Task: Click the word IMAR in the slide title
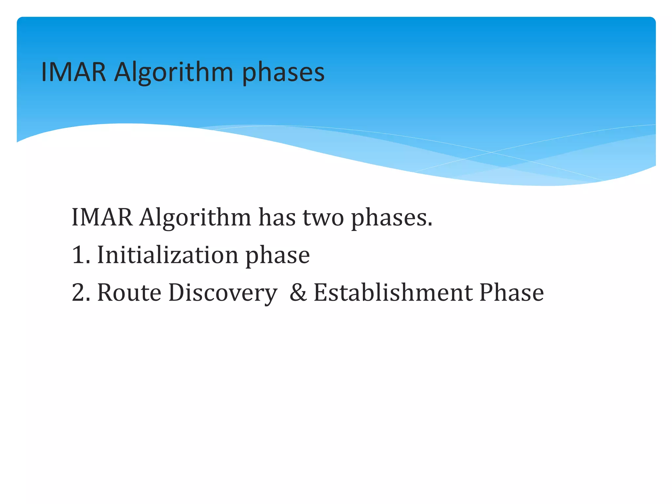pyautogui.click(x=73, y=72)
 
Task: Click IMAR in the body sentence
pyautogui.click(x=102, y=217)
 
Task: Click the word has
pyautogui.click(x=277, y=217)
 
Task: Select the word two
pyautogui.click(x=323, y=218)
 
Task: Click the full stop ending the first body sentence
pyautogui.click(x=430, y=225)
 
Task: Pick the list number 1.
pyautogui.click(x=78, y=255)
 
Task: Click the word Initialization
pyautogui.click(x=168, y=255)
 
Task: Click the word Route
pyautogui.click(x=129, y=292)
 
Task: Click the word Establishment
pyautogui.click(x=393, y=292)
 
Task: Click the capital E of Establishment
pyautogui.click(x=321, y=292)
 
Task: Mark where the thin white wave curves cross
pyautogui.click(x=491, y=152)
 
